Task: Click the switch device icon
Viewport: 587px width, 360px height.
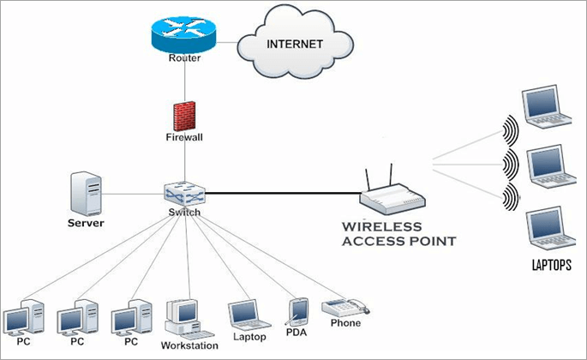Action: click(x=184, y=193)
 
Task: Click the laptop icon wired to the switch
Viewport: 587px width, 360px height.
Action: click(x=243, y=314)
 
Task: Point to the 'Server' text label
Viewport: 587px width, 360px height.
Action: click(x=86, y=223)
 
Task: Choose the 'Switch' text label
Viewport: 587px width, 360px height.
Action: click(x=184, y=213)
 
